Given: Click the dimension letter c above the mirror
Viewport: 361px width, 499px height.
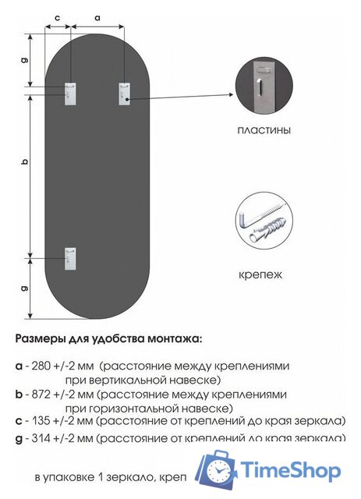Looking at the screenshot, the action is pos(58,16).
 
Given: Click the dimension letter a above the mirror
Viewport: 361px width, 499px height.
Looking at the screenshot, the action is pos(97,16).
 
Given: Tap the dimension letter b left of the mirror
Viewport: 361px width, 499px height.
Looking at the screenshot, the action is pos(25,162).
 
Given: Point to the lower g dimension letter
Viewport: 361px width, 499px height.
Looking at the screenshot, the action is pos(25,288).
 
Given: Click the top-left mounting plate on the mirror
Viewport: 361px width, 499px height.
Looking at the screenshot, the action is pos(71,93).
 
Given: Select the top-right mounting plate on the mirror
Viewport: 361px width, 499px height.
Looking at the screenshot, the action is pos(124,93).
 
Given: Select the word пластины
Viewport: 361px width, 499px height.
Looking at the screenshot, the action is pos(264,131).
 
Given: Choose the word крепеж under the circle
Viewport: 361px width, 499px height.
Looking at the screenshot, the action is pos(261,274).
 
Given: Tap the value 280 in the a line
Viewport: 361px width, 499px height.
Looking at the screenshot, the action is pos(42,365).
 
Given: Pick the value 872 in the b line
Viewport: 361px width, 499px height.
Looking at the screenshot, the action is pos(42,395).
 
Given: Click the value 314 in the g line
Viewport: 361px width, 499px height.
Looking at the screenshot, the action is pos(42,438).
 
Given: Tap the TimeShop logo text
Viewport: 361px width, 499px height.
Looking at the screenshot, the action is pos(290,471).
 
